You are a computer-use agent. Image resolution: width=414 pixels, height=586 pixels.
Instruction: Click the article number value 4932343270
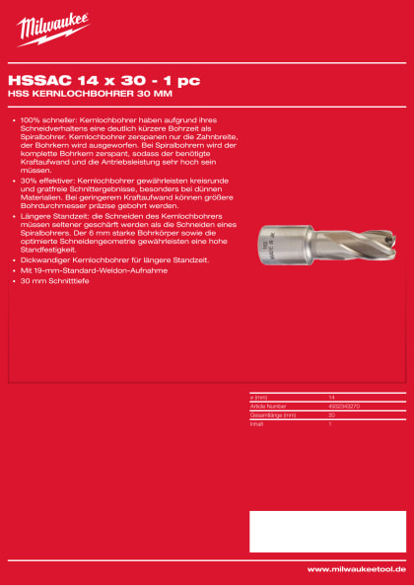pos(343,404)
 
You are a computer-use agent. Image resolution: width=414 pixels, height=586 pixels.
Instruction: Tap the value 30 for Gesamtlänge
pos(331,413)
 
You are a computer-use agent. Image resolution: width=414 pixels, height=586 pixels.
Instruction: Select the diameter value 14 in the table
pos(331,397)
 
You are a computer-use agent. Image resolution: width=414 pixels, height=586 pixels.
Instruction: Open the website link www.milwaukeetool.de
pos(356,569)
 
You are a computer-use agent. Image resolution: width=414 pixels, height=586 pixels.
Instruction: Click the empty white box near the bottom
pos(326,532)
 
